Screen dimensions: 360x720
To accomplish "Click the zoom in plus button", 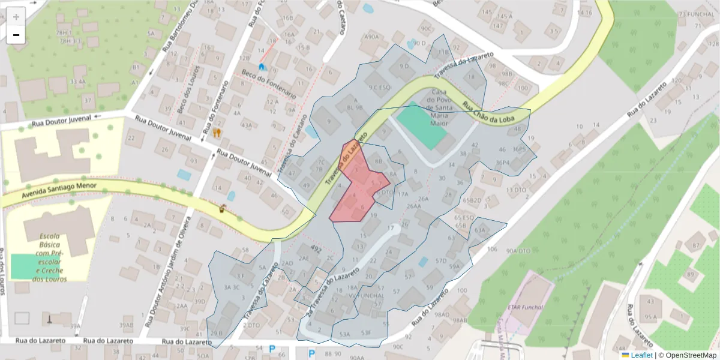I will [16, 16].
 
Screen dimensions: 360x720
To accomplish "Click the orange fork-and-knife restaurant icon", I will [217, 132].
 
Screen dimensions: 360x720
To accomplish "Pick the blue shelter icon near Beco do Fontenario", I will [262, 67].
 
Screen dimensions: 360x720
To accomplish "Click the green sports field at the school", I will [24, 266].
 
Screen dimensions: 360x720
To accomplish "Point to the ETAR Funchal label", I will [525, 307].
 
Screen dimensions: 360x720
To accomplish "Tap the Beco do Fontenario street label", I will [269, 84].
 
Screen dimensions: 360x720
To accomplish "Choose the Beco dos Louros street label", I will [185, 96].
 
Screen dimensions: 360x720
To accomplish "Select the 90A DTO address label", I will [503, 251].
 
